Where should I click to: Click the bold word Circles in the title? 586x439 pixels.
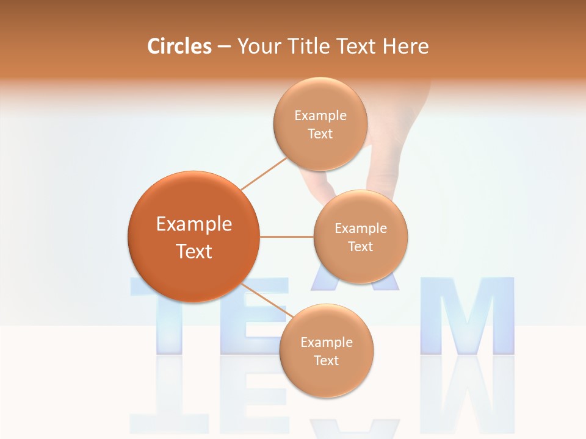[x=179, y=46]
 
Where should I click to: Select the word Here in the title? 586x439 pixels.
[x=406, y=46]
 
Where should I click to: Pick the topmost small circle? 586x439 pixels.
[x=320, y=98]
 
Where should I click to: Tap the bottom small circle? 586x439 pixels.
[x=327, y=381]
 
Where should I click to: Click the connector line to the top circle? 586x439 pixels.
[x=264, y=173]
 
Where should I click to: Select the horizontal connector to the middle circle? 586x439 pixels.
[x=286, y=237]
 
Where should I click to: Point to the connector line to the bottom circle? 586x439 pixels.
[x=266, y=299]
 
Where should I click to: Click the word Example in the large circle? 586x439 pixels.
[x=194, y=224]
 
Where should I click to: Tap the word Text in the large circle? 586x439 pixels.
[x=194, y=251]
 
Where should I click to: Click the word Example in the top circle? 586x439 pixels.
[x=320, y=116]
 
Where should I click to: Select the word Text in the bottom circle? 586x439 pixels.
[x=326, y=360]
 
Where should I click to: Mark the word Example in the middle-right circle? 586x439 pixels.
[x=361, y=229]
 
